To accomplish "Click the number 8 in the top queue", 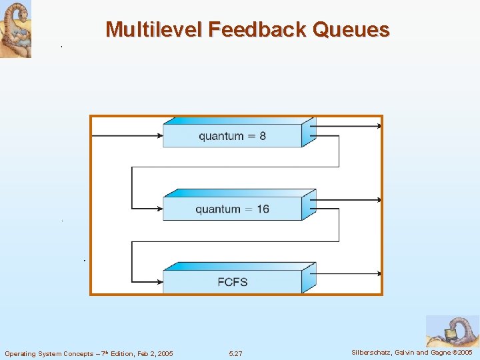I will click(x=263, y=136).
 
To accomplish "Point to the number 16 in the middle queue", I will click(x=262, y=209).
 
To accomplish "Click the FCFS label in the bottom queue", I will click(x=232, y=282).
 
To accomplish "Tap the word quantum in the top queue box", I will click(x=221, y=137).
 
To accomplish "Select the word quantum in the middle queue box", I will click(x=218, y=210).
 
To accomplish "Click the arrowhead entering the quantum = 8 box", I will click(x=159, y=136).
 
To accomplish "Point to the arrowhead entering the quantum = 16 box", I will click(x=159, y=209).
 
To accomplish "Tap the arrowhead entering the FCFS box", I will click(x=159, y=282).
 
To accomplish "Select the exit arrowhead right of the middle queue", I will click(x=379, y=200).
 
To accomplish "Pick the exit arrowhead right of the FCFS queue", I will click(x=379, y=273).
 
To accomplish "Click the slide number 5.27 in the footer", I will click(x=235, y=353).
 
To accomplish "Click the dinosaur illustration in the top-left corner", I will click(x=15, y=29).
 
